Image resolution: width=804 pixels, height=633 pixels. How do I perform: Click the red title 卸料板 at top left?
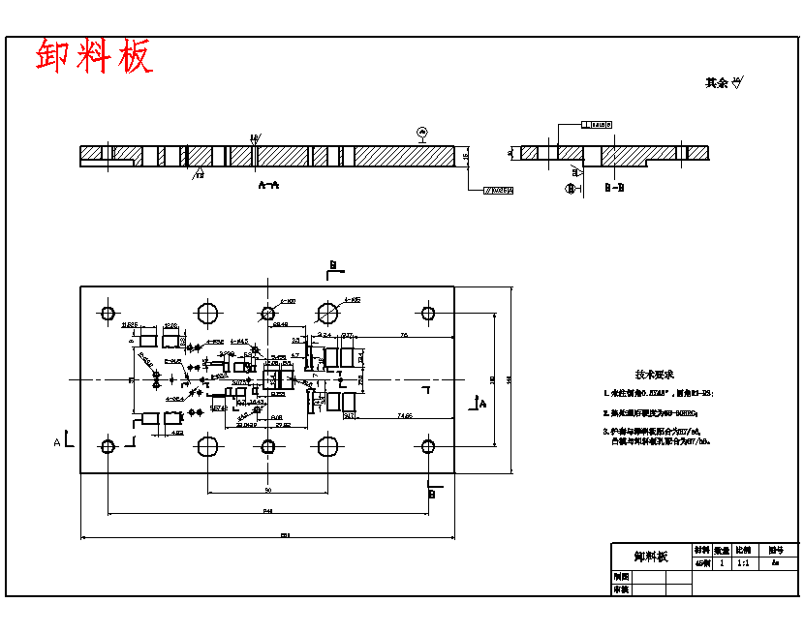click(x=94, y=57)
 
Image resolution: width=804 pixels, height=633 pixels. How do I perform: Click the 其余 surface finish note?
click(x=722, y=83)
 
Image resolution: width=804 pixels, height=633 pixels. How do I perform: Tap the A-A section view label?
click(x=268, y=183)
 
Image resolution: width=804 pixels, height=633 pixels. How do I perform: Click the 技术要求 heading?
click(x=654, y=375)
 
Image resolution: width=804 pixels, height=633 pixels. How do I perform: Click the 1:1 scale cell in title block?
click(x=743, y=562)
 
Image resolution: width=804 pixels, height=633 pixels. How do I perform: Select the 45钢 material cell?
click(x=702, y=562)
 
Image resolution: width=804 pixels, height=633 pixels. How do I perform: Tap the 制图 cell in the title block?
click(x=622, y=576)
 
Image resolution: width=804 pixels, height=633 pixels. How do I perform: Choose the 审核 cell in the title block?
click(x=622, y=588)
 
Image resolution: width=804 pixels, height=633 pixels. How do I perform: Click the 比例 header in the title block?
click(x=743, y=550)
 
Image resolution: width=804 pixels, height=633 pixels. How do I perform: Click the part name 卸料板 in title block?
click(x=651, y=557)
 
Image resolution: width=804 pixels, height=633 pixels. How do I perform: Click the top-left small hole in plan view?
click(x=107, y=313)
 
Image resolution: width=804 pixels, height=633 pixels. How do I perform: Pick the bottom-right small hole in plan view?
click(x=427, y=446)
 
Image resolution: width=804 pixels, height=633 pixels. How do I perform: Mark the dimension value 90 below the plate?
click(x=267, y=491)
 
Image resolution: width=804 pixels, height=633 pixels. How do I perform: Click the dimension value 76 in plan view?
click(x=403, y=335)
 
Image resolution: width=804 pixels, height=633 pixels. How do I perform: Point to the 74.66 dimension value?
click(x=404, y=415)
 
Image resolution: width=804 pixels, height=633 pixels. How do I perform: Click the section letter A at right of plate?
click(x=482, y=406)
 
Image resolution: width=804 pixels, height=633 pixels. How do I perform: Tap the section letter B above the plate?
click(x=333, y=264)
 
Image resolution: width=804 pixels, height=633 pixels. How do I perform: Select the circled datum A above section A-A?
click(x=421, y=131)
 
